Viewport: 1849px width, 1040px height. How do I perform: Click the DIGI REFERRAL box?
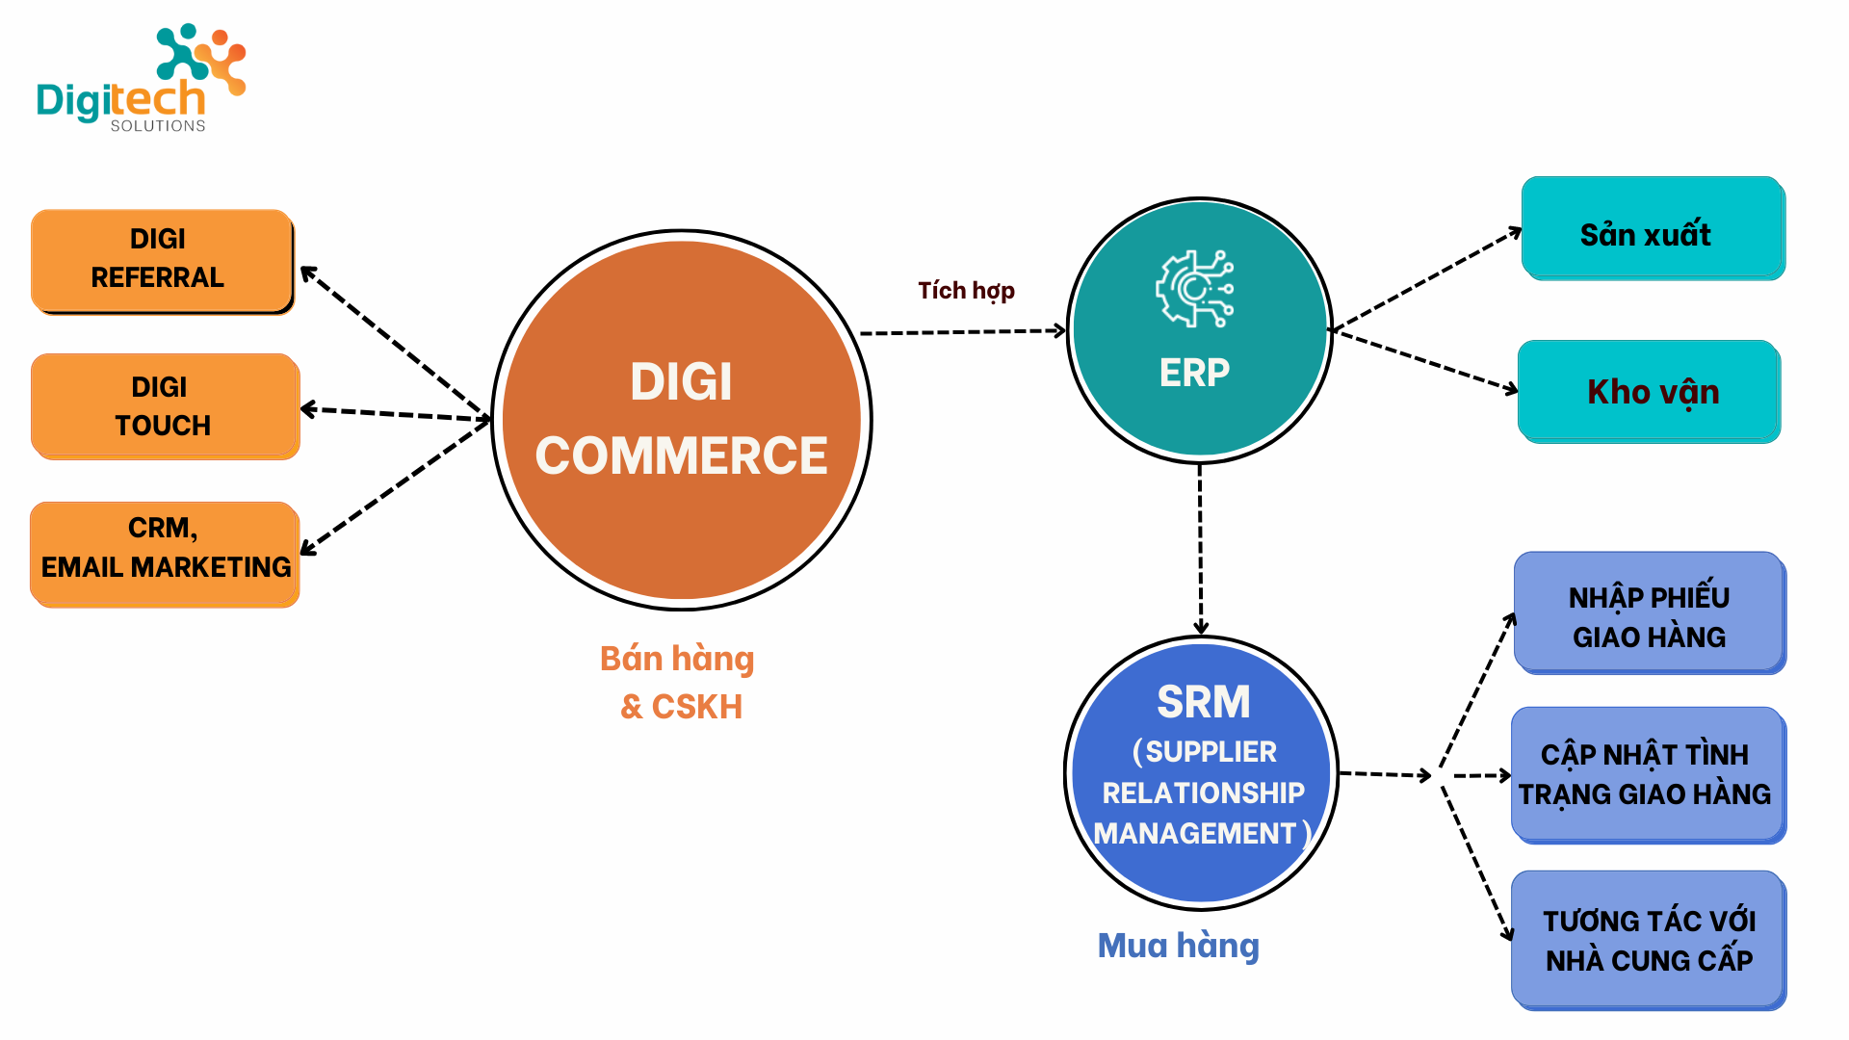pyautogui.click(x=162, y=260)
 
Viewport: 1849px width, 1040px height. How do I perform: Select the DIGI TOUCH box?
pyautogui.click(x=164, y=405)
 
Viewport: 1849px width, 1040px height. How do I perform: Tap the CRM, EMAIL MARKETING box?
pyautogui.click(x=165, y=553)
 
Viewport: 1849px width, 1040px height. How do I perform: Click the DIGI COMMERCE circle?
pyautogui.click(x=681, y=420)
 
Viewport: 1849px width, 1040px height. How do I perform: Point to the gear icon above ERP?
pyautogui.click(x=1195, y=289)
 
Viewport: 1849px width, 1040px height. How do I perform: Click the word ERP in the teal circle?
pyautogui.click(x=1194, y=373)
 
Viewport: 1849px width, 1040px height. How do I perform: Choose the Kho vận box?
pyautogui.click(x=1649, y=392)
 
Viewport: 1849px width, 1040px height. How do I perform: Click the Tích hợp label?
pyautogui.click(x=966, y=290)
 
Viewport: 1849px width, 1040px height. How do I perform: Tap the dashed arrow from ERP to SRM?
pyautogui.click(x=1200, y=549)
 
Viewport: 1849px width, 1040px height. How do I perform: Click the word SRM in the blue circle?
pyautogui.click(x=1203, y=701)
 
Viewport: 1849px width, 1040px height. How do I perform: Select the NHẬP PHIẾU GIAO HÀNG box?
pyautogui.click(x=1649, y=612)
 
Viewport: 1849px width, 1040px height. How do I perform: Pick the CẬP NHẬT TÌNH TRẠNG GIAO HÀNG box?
pyautogui.click(x=1647, y=774)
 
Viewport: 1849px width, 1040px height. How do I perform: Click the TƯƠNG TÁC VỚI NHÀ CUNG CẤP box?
pyautogui.click(x=1648, y=939)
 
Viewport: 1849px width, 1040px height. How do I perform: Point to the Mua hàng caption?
pyautogui.click(x=1178, y=946)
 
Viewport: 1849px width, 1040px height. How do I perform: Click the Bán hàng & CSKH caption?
pyautogui.click(x=678, y=682)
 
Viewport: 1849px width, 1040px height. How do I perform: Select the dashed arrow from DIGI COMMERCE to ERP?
pyautogui.click(x=963, y=332)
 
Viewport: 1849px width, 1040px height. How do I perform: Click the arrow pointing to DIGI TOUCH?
pyautogui.click(x=395, y=414)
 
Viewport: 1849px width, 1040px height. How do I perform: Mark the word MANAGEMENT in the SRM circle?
pyautogui.click(x=1195, y=834)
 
